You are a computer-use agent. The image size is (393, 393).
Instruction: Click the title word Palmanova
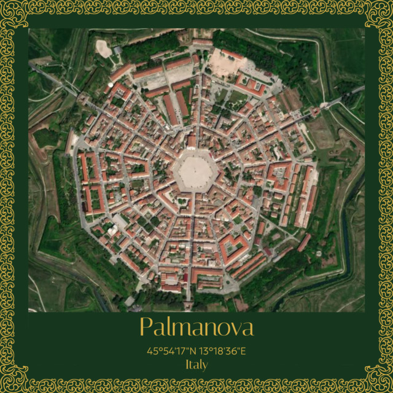click(196, 327)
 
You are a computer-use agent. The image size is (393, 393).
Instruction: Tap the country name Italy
click(196, 364)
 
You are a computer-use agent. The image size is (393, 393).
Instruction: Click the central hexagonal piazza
click(194, 170)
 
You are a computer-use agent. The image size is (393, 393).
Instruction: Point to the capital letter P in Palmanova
click(146, 327)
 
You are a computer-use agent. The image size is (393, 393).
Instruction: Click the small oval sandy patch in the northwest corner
click(104, 49)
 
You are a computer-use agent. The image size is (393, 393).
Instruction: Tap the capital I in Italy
click(187, 364)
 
